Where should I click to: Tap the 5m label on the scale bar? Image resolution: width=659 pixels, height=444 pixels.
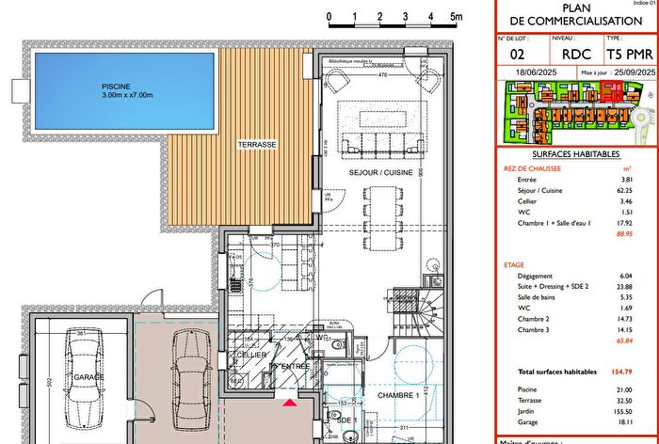click(x=455, y=17)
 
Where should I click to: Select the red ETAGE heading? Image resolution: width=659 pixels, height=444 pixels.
click(x=516, y=265)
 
